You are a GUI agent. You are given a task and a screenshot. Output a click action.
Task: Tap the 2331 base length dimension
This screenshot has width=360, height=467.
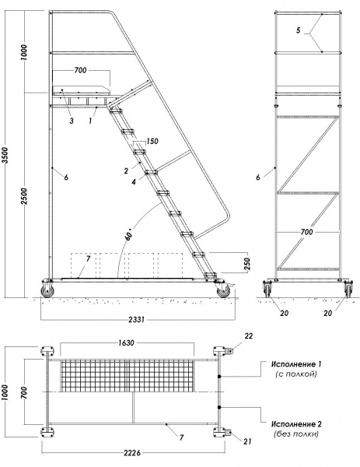click(137, 320)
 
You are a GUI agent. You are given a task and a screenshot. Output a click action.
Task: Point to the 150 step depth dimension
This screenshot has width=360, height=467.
click(152, 141)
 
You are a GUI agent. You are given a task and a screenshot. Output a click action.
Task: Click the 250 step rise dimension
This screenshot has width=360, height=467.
click(247, 263)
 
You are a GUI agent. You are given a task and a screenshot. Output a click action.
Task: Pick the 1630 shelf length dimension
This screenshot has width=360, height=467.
click(126, 342)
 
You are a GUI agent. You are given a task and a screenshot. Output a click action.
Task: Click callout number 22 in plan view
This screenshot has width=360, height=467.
click(249, 336)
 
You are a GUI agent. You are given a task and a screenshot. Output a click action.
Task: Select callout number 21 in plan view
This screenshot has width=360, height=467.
click(247, 441)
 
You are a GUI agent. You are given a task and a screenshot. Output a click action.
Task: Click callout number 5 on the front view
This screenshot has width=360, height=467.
click(299, 30)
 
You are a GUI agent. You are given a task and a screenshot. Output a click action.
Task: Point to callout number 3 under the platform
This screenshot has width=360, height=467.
click(72, 121)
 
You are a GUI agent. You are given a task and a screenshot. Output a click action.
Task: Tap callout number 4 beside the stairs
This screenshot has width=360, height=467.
click(134, 181)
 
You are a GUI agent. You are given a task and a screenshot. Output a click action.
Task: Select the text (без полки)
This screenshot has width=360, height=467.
click(296, 434)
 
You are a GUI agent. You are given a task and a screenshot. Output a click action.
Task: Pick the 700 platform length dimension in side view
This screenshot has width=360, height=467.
click(81, 70)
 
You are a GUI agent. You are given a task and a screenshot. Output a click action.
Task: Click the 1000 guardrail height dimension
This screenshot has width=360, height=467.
click(24, 52)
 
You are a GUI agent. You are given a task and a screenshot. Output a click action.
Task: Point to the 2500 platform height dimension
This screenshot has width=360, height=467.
click(24, 196)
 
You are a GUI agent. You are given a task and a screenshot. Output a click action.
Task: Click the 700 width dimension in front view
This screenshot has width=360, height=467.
click(307, 232)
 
